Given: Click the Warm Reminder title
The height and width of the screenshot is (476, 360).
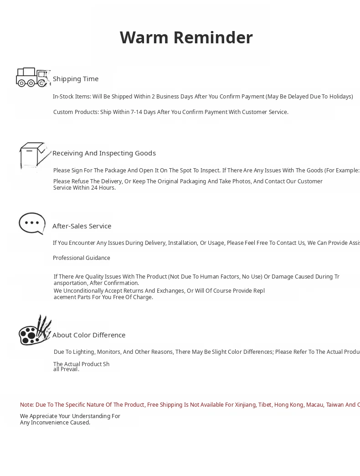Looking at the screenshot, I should [x=186, y=37].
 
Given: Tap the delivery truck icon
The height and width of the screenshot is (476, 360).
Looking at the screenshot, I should [x=32, y=77].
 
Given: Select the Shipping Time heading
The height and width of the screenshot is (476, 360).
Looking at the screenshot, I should [x=76, y=79].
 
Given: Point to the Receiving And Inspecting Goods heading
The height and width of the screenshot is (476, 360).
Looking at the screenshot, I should [x=104, y=153].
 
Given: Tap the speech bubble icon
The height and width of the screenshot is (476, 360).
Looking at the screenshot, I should [x=32, y=223].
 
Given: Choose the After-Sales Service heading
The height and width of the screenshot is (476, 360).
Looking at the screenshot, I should [x=82, y=226].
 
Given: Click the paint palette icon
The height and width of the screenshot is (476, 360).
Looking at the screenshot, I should [x=34, y=331].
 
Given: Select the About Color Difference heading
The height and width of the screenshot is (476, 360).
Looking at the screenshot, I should [x=89, y=335].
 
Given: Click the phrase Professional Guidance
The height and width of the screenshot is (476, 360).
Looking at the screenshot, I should [x=82, y=258].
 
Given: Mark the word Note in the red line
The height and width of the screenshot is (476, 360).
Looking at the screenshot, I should [x=26, y=405].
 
